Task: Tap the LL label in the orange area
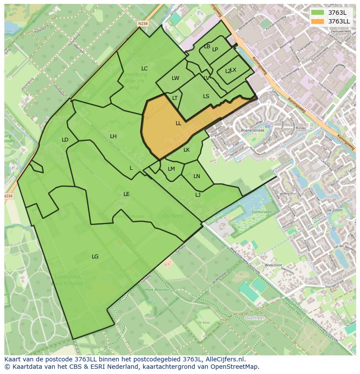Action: click(178, 123)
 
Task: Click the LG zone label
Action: click(95, 257)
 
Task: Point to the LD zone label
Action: click(65, 140)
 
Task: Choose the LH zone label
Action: click(113, 136)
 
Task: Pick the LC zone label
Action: click(144, 69)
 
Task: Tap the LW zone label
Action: click(175, 79)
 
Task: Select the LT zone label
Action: click(175, 98)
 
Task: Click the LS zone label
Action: click(206, 96)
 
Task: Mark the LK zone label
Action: click(187, 150)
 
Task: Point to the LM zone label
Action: click(171, 169)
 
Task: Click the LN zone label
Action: click(197, 176)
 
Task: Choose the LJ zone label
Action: click(198, 195)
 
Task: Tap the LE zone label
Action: click(126, 194)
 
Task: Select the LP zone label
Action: click(215, 50)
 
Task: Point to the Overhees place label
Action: click(255, 318)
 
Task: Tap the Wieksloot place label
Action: click(273, 265)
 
